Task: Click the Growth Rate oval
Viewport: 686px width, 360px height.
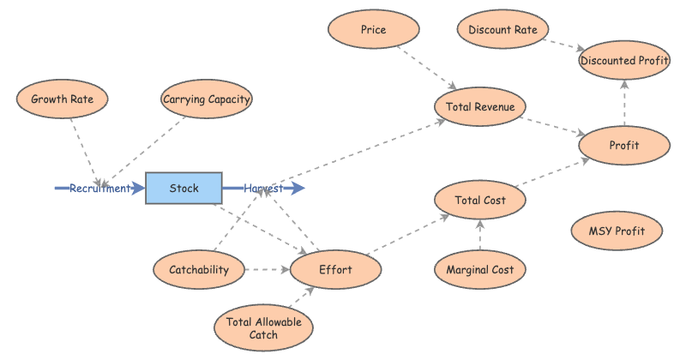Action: click(62, 99)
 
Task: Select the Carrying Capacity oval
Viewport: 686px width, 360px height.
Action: click(207, 99)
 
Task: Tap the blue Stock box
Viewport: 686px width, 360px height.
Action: click(184, 189)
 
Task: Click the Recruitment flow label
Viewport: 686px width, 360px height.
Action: click(100, 189)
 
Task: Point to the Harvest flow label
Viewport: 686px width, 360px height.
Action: click(263, 189)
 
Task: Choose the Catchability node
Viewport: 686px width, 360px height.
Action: click(198, 270)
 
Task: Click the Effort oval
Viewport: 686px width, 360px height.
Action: click(335, 270)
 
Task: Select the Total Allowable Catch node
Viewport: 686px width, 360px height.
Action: click(264, 328)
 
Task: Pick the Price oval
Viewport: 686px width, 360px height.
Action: click(374, 30)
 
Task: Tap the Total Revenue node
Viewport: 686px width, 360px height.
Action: click(480, 106)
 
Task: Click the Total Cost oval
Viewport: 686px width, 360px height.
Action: click(480, 201)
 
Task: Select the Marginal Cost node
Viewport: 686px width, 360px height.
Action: click(480, 270)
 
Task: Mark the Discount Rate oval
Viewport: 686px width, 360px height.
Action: click(502, 30)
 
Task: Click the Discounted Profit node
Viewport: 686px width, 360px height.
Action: click(624, 60)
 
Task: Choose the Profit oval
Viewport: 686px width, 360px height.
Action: click(624, 145)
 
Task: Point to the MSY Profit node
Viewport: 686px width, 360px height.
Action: click(617, 230)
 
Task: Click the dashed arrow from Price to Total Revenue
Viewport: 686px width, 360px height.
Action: click(426, 69)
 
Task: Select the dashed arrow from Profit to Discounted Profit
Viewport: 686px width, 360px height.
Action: click(624, 103)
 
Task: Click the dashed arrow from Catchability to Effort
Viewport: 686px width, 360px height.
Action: click(267, 270)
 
